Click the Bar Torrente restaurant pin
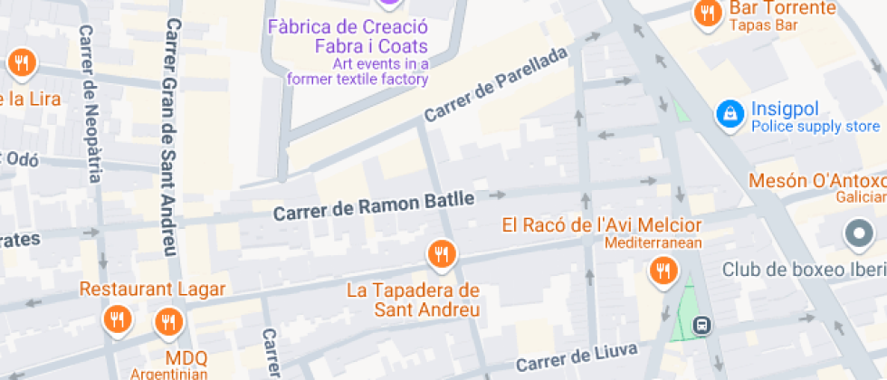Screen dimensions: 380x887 click(x=706, y=14)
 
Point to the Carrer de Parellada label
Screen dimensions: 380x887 click(x=495, y=85)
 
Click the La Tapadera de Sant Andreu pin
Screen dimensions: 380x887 click(x=442, y=255)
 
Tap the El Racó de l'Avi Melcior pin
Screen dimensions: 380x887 click(x=663, y=270)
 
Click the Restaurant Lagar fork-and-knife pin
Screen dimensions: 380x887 click(x=116, y=318)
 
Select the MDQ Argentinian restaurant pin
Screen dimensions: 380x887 click(x=167, y=321)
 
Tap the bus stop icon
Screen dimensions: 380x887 click(x=701, y=325)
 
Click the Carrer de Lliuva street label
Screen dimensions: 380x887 click(x=577, y=356)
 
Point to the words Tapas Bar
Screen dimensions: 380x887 click(x=763, y=25)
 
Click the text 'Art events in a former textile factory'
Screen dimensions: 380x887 click(x=358, y=71)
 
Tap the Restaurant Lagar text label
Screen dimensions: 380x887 click(x=152, y=290)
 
